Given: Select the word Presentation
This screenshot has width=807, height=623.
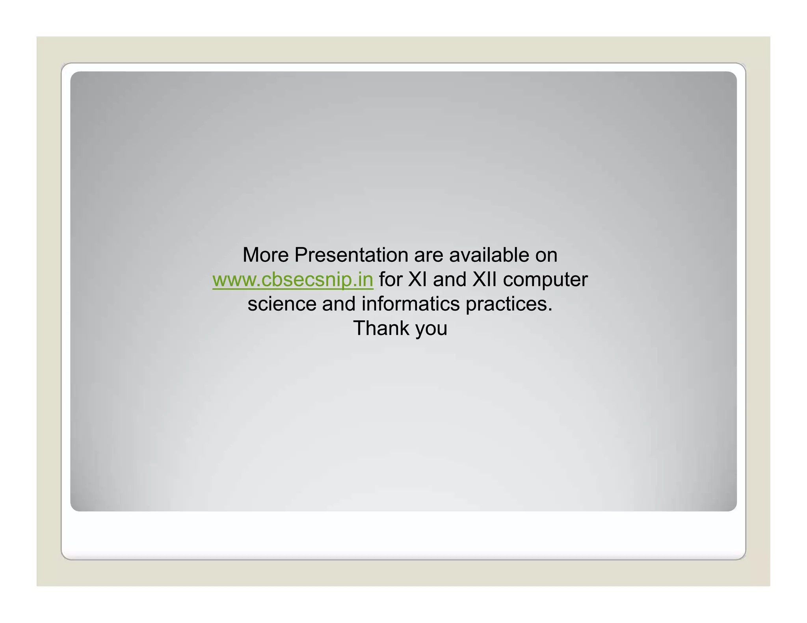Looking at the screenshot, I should click(x=351, y=255).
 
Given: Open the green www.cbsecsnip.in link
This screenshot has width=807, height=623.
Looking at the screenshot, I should click(x=293, y=280).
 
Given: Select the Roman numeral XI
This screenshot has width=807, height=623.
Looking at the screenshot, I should click(x=417, y=280).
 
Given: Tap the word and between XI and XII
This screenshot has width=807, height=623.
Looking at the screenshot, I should click(x=450, y=280).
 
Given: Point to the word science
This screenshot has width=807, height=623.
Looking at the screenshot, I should click(x=282, y=304).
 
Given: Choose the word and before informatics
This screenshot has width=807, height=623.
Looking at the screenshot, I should click(x=338, y=304).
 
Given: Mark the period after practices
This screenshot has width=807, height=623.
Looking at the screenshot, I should click(x=550, y=310).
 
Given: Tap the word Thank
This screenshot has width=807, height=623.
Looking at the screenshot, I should click(x=381, y=328).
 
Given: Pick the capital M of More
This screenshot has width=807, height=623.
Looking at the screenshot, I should click(x=251, y=255).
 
